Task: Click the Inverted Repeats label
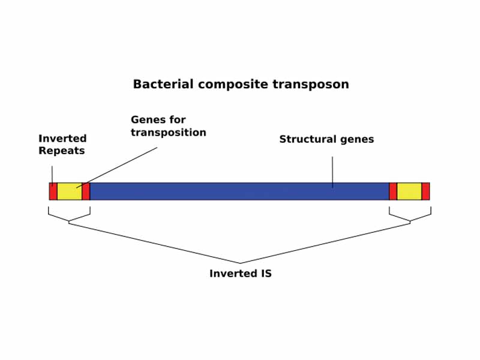[62, 145]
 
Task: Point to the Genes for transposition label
[168, 126]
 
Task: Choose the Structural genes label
[326, 139]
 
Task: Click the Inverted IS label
[240, 274]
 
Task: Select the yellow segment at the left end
[69, 191]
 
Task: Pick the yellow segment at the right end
[409, 191]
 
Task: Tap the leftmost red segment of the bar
[53, 191]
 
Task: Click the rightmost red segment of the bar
[425, 191]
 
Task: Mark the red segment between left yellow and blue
[86, 191]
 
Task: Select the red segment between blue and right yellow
[393, 191]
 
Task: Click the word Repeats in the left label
[62, 151]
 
